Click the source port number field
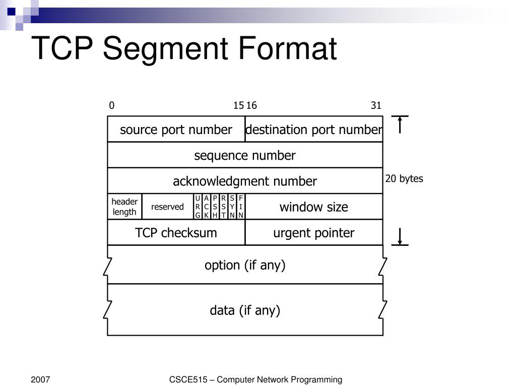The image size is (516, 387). pos(176,130)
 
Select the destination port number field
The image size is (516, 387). pos(313,130)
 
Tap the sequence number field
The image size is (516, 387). pos(245,156)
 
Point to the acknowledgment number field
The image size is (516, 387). pos(245,181)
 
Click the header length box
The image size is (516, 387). pos(124,207)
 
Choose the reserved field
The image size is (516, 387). pos(167,207)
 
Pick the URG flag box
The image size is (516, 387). pos(198,207)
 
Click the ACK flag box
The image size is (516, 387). pos(207,207)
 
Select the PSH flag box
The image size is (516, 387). pos(215,207)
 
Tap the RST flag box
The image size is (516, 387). pos(224,207)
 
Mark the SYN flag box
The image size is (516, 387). pos(232,207)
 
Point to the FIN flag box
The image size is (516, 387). pos(241,207)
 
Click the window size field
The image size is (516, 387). pos(313,207)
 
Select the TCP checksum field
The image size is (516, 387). pos(176,233)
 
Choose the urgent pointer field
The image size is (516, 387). pos(313,233)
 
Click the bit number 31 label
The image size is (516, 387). pos(376,105)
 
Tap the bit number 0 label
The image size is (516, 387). pos(112,105)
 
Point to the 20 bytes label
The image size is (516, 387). pos(404,179)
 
